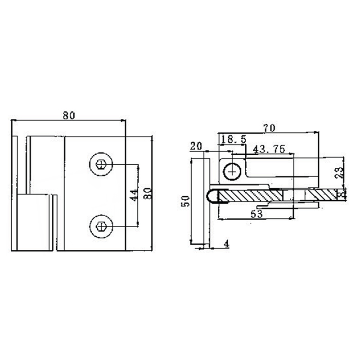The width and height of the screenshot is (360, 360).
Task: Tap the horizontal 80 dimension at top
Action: click(x=68, y=115)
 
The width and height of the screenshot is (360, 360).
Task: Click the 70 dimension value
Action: click(x=269, y=128)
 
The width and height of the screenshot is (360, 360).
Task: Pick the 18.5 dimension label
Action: click(x=234, y=140)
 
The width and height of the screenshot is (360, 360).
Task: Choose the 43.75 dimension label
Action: click(x=269, y=149)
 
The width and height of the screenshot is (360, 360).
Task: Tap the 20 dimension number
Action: click(x=196, y=146)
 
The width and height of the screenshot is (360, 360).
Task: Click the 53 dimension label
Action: click(x=257, y=214)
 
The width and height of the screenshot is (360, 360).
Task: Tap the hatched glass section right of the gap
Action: click(x=320, y=194)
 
